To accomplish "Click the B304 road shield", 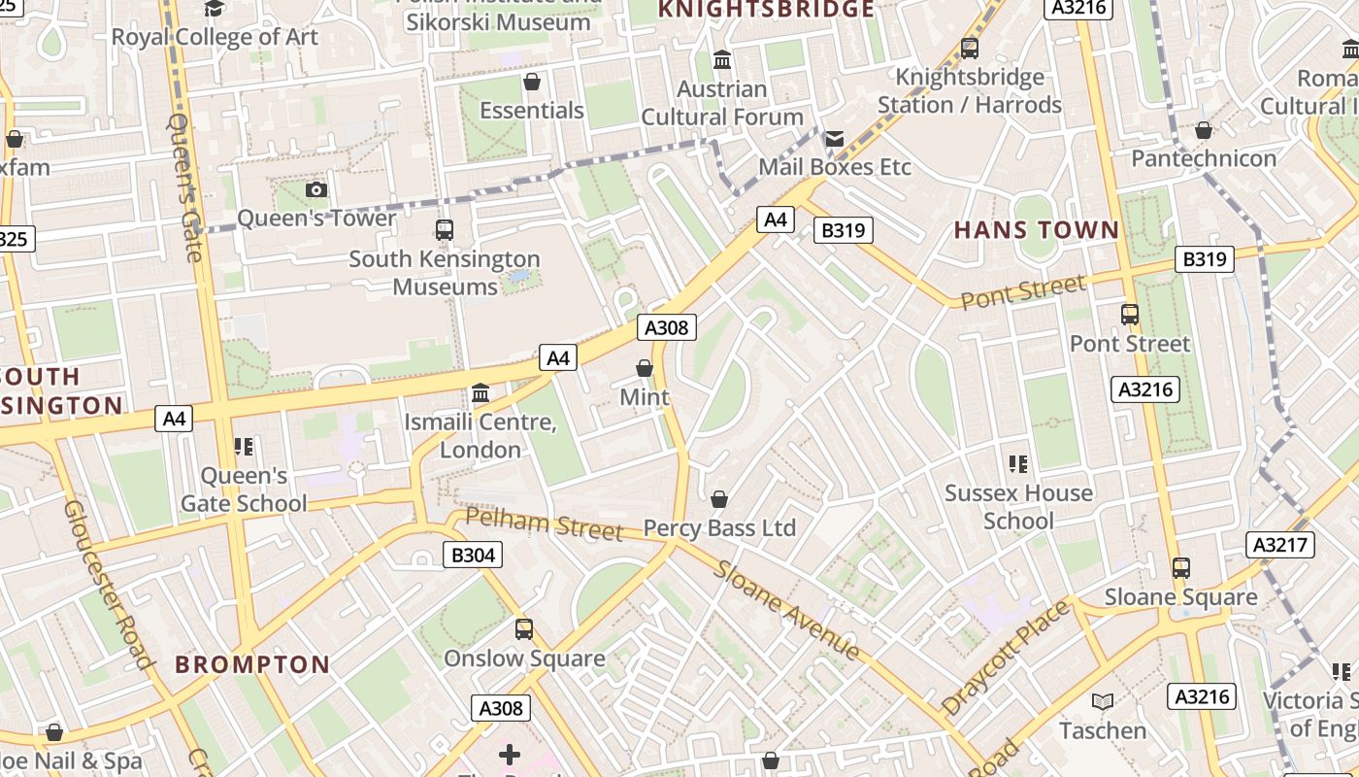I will pos(474,556).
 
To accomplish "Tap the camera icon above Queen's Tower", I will pos(316,190).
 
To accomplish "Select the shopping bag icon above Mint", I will pos(645,368).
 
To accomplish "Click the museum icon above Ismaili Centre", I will pos(481,393).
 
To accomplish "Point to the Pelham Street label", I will pos(544,524).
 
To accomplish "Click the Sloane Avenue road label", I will pos(786,610).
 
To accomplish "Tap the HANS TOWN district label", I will pos(1036,230).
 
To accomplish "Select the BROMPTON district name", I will pos(252,665).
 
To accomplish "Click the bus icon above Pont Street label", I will pos(1130,315).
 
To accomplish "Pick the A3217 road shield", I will pos(1279,545).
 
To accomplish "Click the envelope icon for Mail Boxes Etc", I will pos(835,139).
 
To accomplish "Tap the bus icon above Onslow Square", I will pos(524,629).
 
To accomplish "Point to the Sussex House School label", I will pos(1018,507).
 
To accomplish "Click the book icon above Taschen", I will pos(1103,702).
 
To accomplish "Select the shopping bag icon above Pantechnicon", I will pos(1204,130).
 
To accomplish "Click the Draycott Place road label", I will pos(1007,658).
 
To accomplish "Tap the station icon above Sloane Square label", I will pos(1181,568).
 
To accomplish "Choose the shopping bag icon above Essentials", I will pos(531,82).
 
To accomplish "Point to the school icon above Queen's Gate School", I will pos(244,447).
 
